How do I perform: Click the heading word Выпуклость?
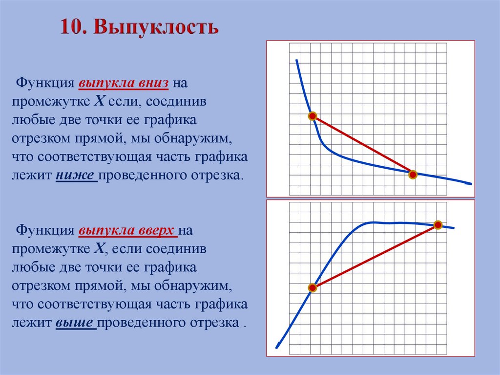[156, 27]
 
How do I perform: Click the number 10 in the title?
[73, 27]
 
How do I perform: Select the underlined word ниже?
[76, 175]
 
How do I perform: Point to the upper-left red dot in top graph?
[312, 116]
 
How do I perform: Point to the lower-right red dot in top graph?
[413, 175]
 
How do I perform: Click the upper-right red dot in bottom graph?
[438, 225]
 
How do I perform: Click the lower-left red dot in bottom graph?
[313, 288]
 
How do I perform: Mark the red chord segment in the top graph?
[362, 145]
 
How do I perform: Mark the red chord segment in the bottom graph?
[375, 257]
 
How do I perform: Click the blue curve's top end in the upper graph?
[296, 60]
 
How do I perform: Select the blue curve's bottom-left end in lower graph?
[277, 348]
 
